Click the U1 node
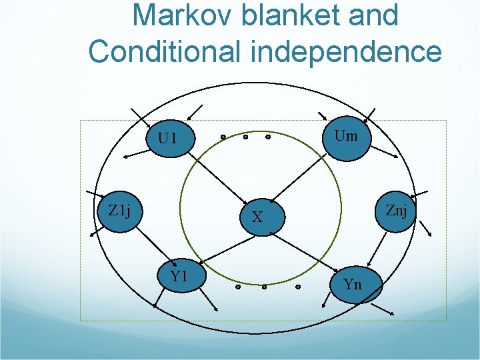pos(167,138)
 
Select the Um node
pos(345,137)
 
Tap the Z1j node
pos(119,212)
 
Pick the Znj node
pos(396,211)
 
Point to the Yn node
pos(354,284)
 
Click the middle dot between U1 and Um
pos(245,137)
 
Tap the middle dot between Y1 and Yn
pos(265,287)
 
